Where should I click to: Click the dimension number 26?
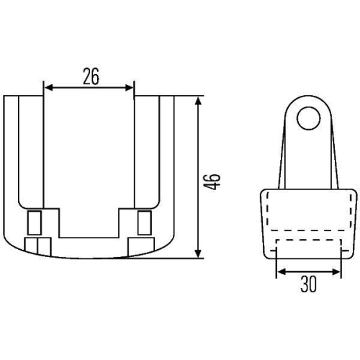[x=90, y=76]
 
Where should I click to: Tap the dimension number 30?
[x=308, y=284]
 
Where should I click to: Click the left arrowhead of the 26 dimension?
[x=48, y=88]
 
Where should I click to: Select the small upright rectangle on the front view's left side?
[x=34, y=223]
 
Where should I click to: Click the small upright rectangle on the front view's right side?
[x=144, y=223]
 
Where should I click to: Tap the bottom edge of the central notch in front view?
[x=90, y=237]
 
